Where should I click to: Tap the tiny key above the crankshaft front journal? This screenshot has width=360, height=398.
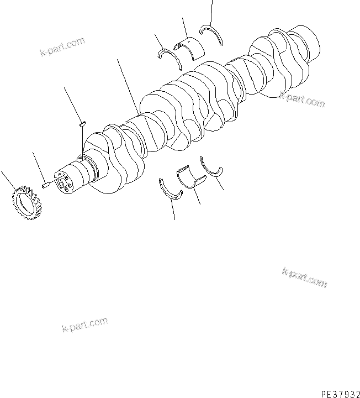pyautogui.click(x=81, y=124)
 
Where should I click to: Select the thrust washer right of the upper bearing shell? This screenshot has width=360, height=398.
pyautogui.click(x=211, y=35)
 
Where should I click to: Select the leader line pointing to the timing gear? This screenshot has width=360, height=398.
pyautogui.click(x=8, y=181)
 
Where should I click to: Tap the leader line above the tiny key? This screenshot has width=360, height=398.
pyautogui.click(x=72, y=104)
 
